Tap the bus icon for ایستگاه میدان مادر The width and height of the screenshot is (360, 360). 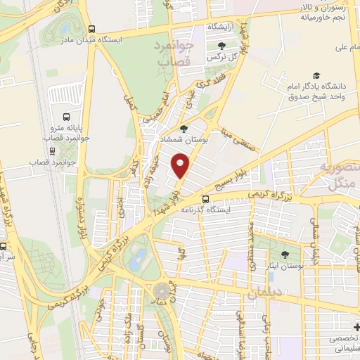(x=91, y=29)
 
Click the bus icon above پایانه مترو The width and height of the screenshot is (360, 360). (x=66, y=117)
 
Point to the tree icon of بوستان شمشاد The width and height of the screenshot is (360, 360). (x=184, y=129)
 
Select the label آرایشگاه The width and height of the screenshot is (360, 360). (x=219, y=26)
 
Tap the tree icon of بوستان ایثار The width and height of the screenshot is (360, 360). (x=285, y=255)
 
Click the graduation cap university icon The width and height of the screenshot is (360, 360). (x=317, y=75)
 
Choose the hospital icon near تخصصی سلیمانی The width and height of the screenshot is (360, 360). (x=355, y=328)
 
